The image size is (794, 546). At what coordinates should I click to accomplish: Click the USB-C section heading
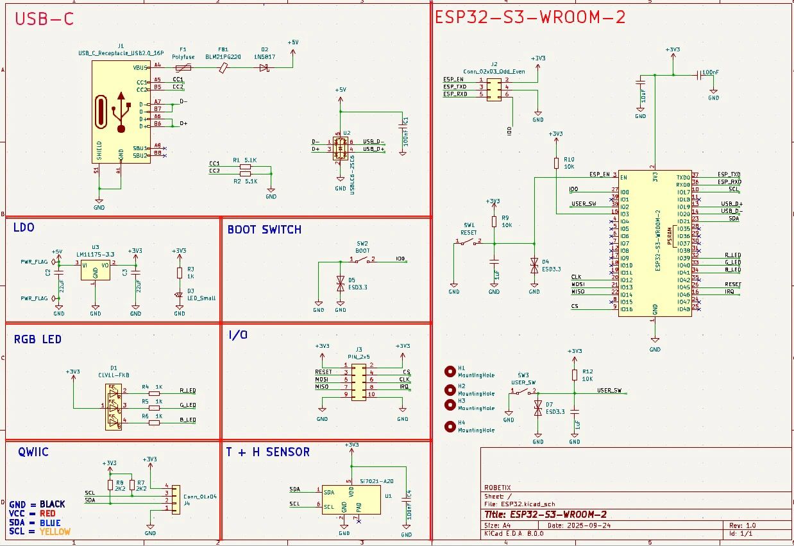tap(44, 19)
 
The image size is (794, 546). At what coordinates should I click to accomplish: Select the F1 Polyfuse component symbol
tap(183, 67)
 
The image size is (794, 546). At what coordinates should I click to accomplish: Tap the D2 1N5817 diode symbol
tap(264, 67)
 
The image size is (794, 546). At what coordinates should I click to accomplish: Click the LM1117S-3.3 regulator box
tap(95, 269)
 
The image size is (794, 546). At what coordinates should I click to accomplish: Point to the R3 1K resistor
tap(180, 272)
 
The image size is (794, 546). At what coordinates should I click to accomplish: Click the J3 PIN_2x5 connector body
tap(359, 382)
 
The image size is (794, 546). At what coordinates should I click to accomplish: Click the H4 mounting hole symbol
tap(450, 427)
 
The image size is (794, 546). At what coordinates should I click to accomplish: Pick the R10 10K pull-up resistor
tap(556, 163)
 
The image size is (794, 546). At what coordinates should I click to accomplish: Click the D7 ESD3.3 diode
tap(538, 408)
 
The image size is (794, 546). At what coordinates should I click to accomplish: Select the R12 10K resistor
tap(575, 375)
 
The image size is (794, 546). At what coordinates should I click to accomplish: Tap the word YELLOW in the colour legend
tap(55, 532)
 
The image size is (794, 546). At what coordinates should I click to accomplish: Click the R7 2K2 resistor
tap(132, 485)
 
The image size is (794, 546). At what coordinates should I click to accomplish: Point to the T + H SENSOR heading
tap(267, 452)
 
